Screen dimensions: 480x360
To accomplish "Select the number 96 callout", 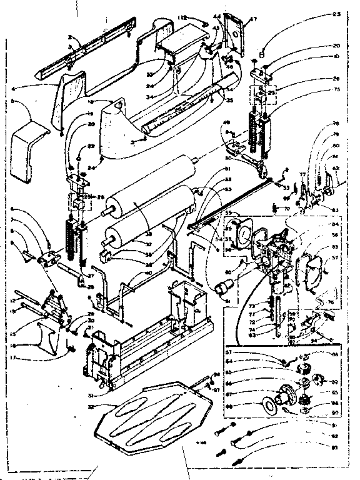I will [x=216, y=376].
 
